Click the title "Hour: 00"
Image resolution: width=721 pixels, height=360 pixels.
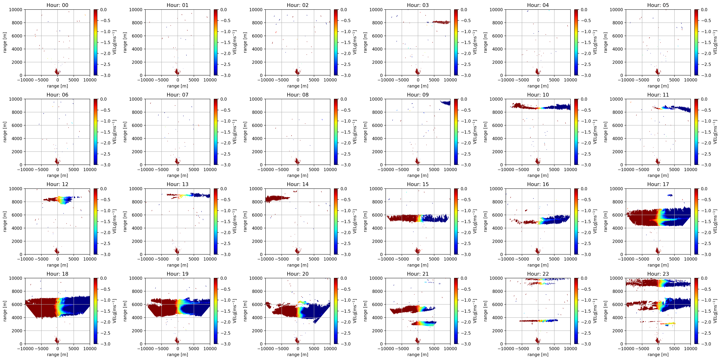[x=57, y=5]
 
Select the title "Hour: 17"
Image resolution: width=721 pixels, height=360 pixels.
[x=658, y=184]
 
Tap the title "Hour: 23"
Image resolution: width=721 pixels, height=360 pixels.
[x=658, y=274]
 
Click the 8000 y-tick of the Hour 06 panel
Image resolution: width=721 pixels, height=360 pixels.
[x=17, y=112]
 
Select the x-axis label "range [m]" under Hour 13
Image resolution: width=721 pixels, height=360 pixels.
[x=177, y=265]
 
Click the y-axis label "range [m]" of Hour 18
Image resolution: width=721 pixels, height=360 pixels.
[x=5, y=311]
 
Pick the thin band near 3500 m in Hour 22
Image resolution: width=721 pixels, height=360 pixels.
[x=538, y=321]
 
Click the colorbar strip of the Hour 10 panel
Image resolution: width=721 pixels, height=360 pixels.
[x=576, y=132]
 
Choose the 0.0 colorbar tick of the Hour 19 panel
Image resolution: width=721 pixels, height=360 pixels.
[x=223, y=278]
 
